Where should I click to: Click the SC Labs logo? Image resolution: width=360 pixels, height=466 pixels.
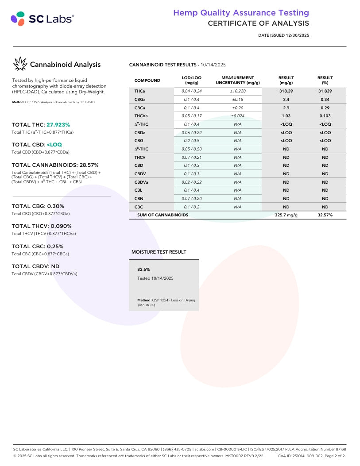[42, 19]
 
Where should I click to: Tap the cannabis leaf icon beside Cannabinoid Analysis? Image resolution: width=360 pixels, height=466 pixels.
[20, 65]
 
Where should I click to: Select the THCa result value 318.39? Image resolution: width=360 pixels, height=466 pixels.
[286, 91]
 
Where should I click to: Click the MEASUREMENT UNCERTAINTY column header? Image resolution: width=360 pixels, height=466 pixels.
[237, 80]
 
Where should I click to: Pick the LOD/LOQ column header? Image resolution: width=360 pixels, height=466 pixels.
[191, 80]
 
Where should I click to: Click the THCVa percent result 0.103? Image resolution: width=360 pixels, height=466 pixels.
[325, 116]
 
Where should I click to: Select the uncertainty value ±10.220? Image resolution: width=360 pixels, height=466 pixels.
[237, 91]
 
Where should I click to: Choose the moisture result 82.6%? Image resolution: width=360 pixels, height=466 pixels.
[143, 269]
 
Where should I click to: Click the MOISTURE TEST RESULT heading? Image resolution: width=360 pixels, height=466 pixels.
[159, 252]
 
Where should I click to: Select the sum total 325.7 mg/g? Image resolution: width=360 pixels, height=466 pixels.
[286, 215]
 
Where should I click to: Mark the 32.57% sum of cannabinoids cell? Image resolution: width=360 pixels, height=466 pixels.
[325, 215]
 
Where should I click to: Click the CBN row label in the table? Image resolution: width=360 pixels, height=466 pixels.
[138, 199]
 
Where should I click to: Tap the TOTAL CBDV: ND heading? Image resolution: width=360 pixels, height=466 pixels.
[35, 266]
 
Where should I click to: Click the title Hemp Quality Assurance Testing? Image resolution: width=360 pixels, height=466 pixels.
[241, 13]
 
